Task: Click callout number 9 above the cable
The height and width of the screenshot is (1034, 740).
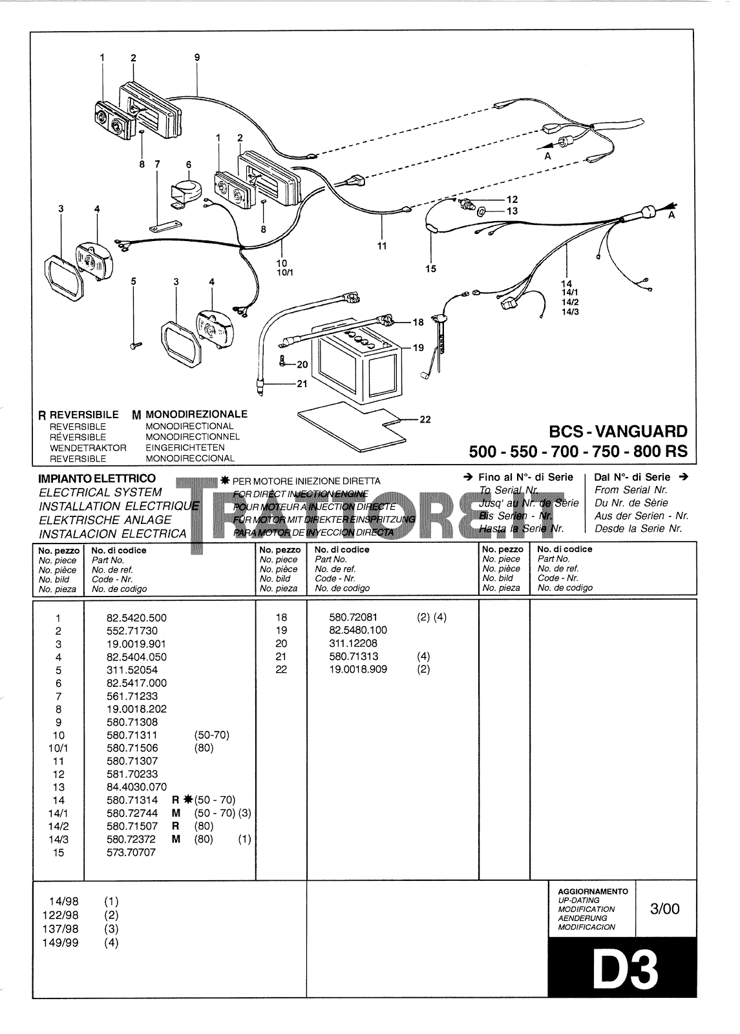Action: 197,58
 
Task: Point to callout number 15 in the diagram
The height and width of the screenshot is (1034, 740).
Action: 430,269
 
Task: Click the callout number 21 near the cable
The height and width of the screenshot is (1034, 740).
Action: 302,383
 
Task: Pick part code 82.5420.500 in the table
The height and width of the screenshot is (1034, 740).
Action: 136,617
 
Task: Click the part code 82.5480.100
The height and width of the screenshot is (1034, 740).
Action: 357,630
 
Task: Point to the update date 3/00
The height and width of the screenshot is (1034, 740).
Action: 666,909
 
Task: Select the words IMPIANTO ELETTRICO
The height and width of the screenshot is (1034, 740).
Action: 97,478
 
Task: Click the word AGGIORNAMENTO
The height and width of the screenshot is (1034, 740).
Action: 593,891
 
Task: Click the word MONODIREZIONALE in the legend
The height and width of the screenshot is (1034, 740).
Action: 196,414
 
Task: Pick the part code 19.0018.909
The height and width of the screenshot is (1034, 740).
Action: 357,670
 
